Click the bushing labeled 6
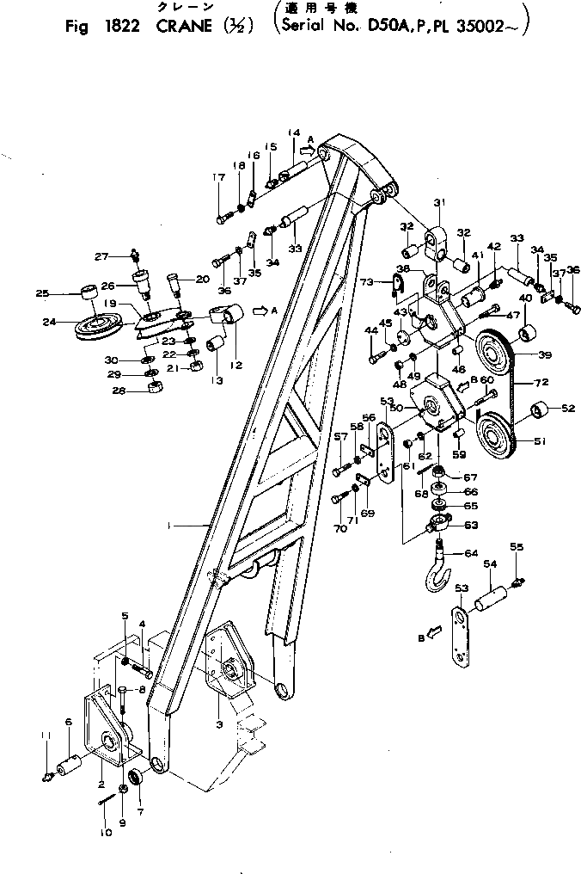click(71, 764)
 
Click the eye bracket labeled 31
click(437, 242)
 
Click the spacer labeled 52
click(539, 409)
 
